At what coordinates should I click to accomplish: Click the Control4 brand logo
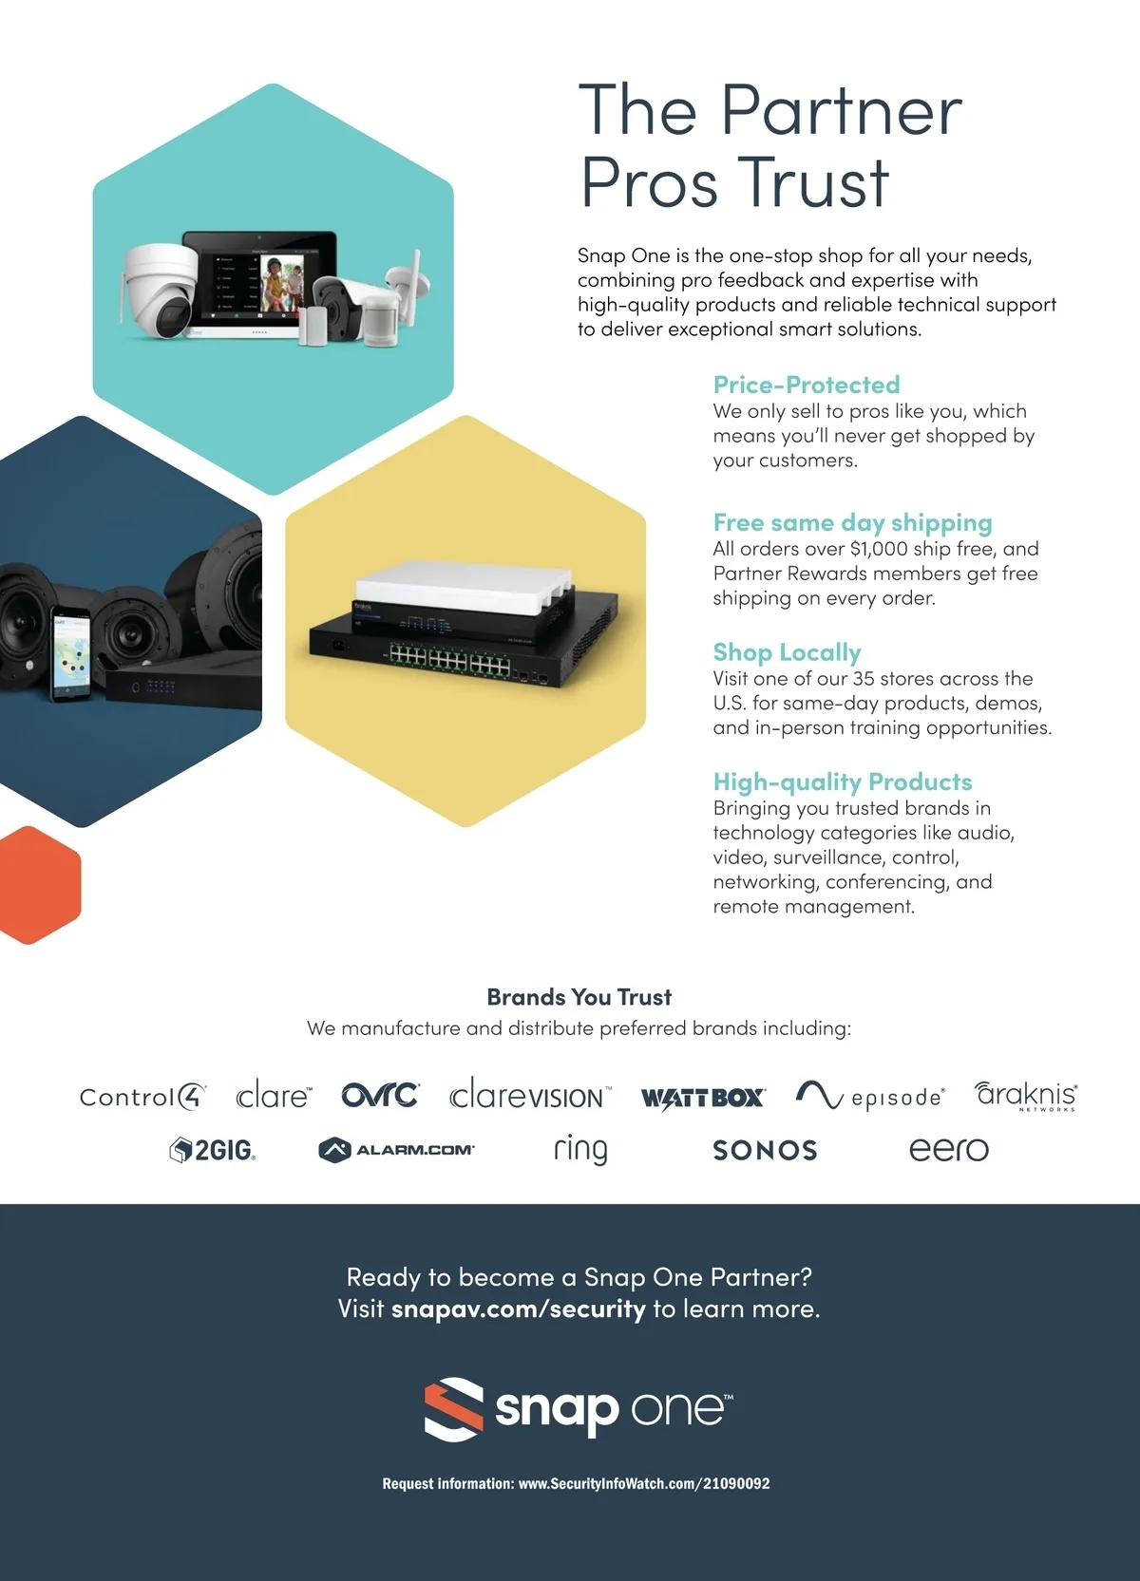click(x=142, y=1096)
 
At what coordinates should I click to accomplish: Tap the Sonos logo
click(x=765, y=1150)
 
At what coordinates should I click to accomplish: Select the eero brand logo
click(x=949, y=1149)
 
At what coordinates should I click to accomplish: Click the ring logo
click(x=580, y=1150)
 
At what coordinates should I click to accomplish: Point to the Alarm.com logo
click(x=396, y=1150)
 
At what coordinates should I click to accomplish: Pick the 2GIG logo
click(x=213, y=1150)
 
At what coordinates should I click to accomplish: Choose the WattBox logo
click(x=703, y=1098)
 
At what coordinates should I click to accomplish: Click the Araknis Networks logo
click(x=1026, y=1096)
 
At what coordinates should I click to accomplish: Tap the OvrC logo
click(x=381, y=1095)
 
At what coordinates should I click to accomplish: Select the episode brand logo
click(x=870, y=1096)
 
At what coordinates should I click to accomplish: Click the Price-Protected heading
click(x=807, y=385)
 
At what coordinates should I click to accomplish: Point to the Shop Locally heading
click(x=787, y=652)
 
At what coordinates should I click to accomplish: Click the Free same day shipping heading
click(x=852, y=522)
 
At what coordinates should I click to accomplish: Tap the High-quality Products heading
click(x=843, y=782)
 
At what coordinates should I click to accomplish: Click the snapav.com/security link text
click(x=519, y=1309)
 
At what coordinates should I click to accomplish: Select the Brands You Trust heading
click(x=579, y=997)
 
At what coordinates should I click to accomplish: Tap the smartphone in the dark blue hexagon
click(x=70, y=653)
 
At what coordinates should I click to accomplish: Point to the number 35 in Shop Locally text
click(x=864, y=679)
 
